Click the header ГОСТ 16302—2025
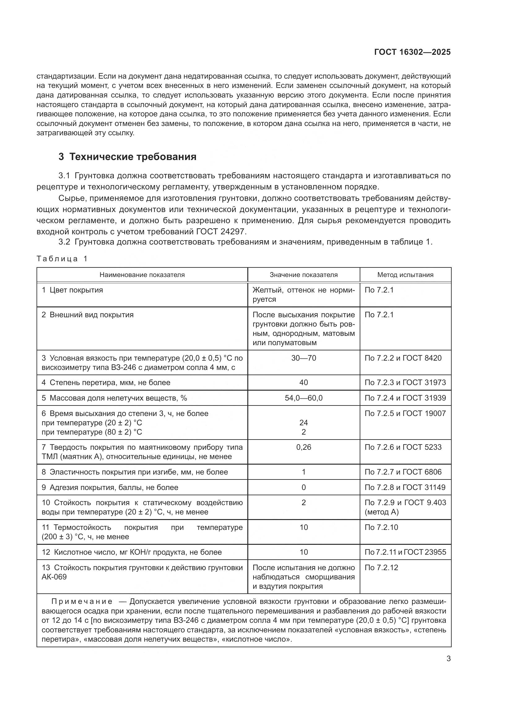click(x=412, y=52)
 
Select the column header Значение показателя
click(x=303, y=275)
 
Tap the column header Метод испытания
click(x=405, y=275)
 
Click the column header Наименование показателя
click(x=142, y=275)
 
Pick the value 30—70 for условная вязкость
click(x=303, y=358)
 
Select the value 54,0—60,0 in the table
click(x=303, y=398)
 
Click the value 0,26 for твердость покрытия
click(x=303, y=447)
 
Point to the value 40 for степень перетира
click(x=303, y=383)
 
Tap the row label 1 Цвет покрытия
click(x=72, y=290)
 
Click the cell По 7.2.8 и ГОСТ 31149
click(x=405, y=488)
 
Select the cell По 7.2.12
click(x=381, y=568)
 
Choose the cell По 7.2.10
click(x=381, y=527)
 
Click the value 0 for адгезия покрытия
click(x=303, y=488)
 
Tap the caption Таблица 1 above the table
click(x=62, y=259)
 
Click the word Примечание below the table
click(x=82, y=602)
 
